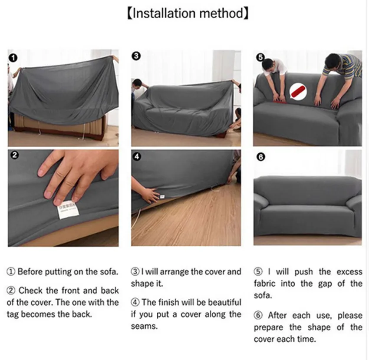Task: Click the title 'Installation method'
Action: [x=188, y=13]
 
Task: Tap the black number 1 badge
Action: [x=13, y=58]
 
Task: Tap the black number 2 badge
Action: [x=15, y=155]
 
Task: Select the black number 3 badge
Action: [x=136, y=56]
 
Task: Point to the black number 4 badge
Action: [x=137, y=156]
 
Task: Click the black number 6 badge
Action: [x=261, y=157]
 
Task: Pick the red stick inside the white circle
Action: [x=298, y=92]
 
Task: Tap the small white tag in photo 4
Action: [x=162, y=196]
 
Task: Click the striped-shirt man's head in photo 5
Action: [x=334, y=61]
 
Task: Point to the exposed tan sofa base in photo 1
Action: [x=59, y=124]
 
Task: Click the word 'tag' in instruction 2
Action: [x=13, y=315]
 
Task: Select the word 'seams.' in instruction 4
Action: [x=144, y=326]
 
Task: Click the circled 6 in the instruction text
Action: [x=258, y=315]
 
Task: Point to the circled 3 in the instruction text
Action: [x=135, y=272]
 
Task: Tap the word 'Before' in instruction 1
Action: [x=30, y=272]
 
